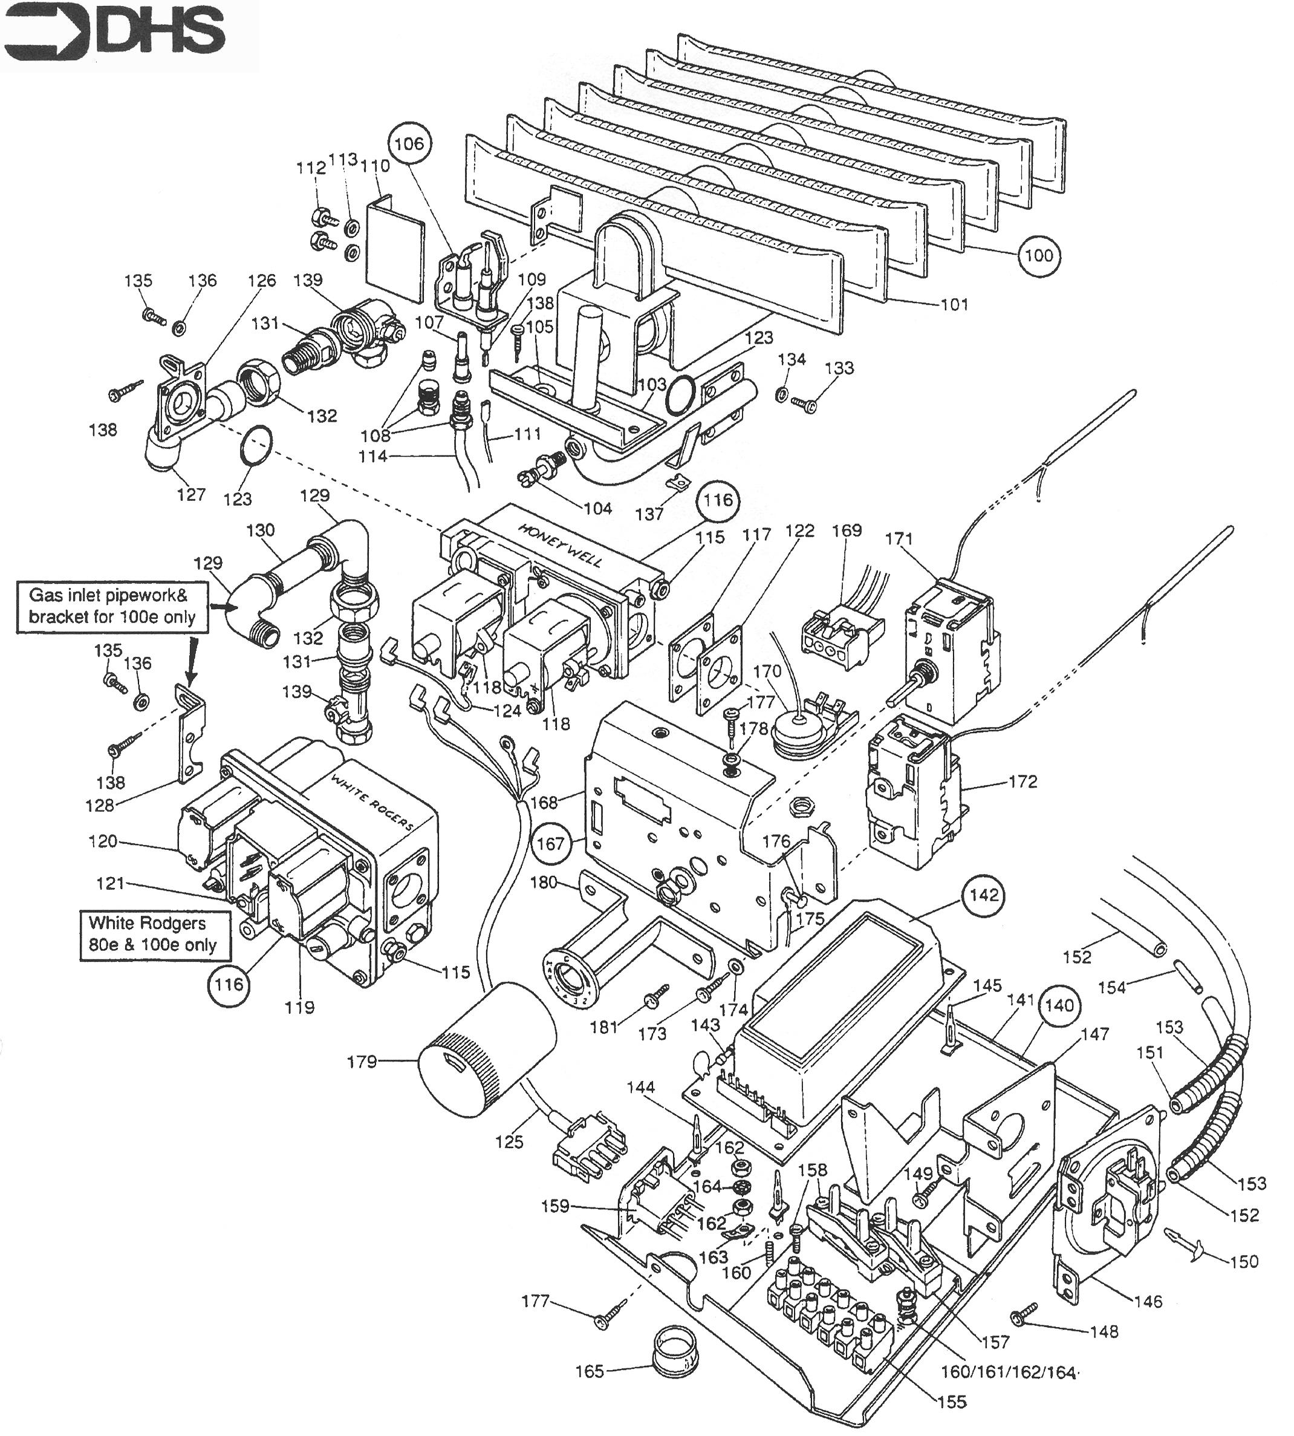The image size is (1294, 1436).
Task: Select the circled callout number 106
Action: (x=409, y=144)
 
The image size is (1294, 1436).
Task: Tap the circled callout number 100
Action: (x=1039, y=255)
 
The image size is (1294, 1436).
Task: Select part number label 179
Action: (x=361, y=1062)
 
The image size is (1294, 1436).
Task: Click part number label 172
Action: (x=1023, y=782)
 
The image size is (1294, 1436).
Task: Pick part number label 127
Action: (x=191, y=494)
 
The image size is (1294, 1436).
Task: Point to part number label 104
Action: (x=597, y=508)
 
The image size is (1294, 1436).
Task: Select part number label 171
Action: (x=899, y=538)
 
